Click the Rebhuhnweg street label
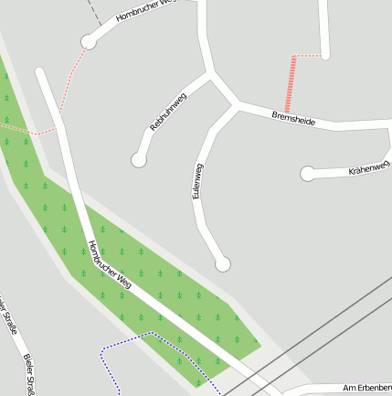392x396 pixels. point(168,112)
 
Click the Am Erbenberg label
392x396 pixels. point(366,389)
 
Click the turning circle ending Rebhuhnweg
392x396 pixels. point(139,160)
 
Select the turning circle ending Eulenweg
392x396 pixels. point(222,264)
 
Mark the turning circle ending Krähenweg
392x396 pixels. point(308,173)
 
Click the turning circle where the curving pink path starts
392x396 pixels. point(89,41)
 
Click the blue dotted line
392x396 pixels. point(137,337)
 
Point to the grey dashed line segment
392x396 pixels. point(93,11)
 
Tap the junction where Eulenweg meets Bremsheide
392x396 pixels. point(237,107)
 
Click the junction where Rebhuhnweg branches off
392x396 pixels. point(211,72)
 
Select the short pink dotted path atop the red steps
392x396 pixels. point(310,57)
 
